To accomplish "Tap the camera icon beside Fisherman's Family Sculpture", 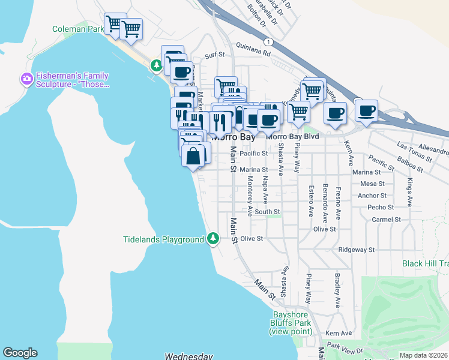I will click(x=26, y=79).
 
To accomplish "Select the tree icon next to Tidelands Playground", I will click(x=212, y=239).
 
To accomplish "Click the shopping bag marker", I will click(x=193, y=157).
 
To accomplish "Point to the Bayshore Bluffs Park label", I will click(x=291, y=323).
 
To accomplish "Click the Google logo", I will click(x=20, y=353).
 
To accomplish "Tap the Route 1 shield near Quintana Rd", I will click(x=270, y=41).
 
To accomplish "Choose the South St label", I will click(x=267, y=212).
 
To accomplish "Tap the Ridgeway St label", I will click(x=356, y=249).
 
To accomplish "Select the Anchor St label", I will click(x=372, y=196).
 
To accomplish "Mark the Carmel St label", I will click(x=386, y=220).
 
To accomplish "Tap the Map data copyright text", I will click(x=423, y=355).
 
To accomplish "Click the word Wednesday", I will click(x=189, y=356).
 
